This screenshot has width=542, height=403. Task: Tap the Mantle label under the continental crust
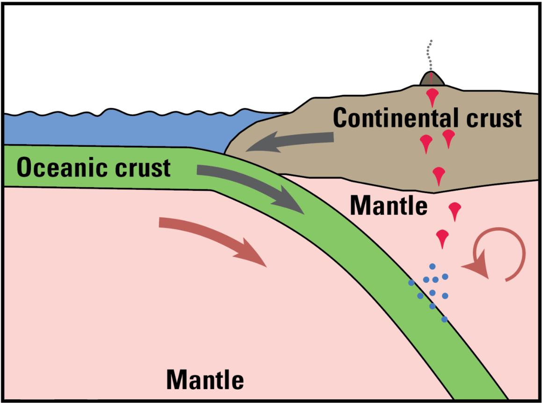pos(389,205)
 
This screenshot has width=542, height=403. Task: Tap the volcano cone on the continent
pos(431,79)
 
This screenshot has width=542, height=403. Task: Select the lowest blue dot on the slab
pos(444,319)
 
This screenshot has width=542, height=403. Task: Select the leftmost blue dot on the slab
pos(411,283)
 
